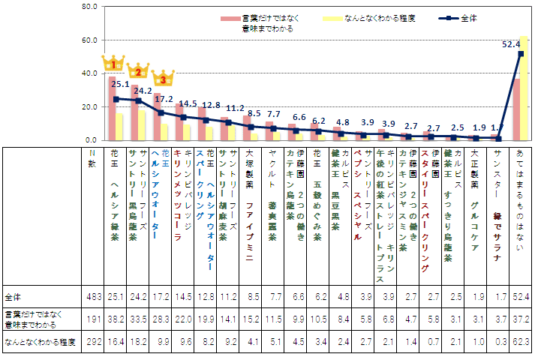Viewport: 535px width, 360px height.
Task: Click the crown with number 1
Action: (x=115, y=63)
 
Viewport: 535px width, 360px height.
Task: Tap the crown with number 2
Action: (x=138, y=71)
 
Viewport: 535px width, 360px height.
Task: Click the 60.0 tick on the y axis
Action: (x=89, y=40)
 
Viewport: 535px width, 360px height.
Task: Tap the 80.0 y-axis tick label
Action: (x=89, y=6)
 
